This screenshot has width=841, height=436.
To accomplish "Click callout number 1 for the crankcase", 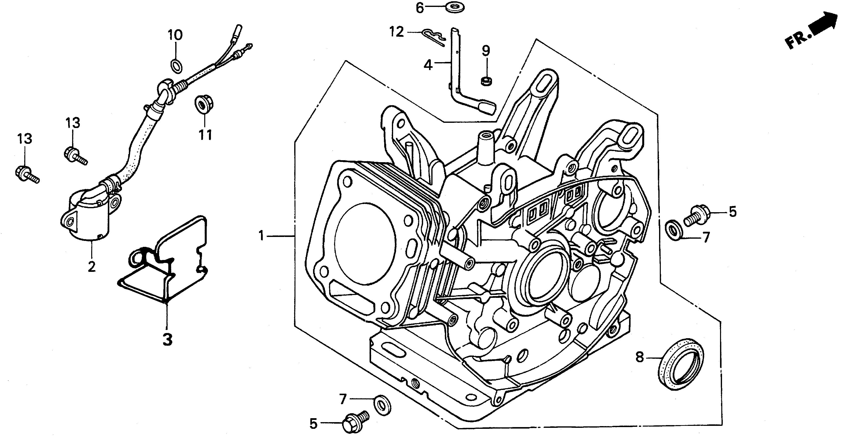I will coord(261,235).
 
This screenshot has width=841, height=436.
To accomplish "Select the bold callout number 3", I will coord(167,339).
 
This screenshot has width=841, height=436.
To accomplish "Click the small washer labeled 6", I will coord(455,7).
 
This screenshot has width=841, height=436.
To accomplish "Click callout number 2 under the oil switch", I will coord(92,266).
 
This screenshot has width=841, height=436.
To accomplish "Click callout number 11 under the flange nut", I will coord(205,134).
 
